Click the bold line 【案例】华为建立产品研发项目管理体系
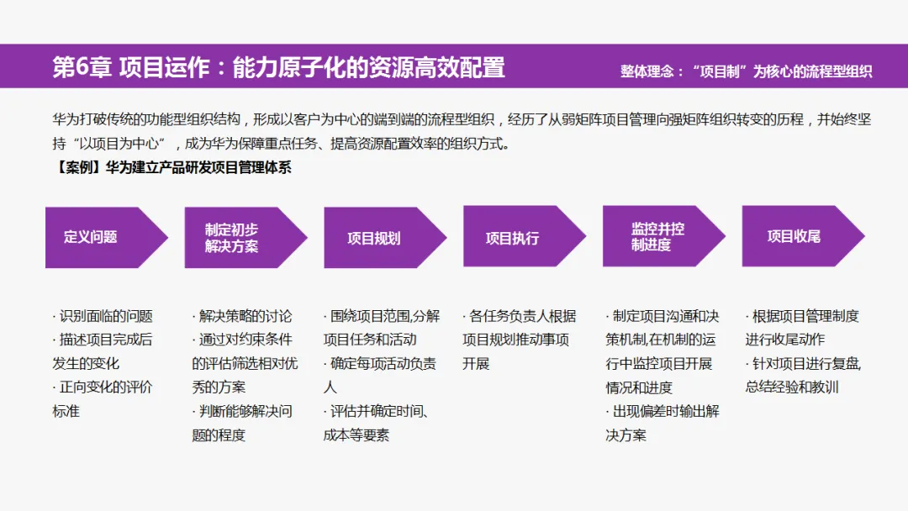coord(172,167)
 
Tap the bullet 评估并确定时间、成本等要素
coord(377,424)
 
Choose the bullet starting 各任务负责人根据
coord(519,340)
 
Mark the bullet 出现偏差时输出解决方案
coord(662,424)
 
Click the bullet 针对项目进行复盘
coord(803,376)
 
